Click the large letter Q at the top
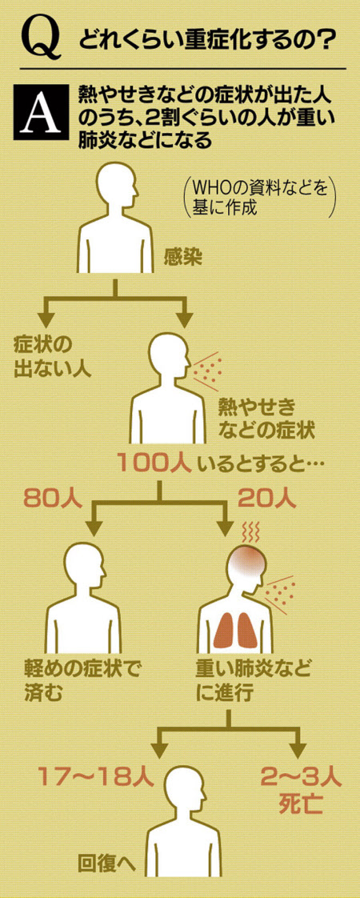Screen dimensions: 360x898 click(40, 39)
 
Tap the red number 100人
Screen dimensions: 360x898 click(154, 462)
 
